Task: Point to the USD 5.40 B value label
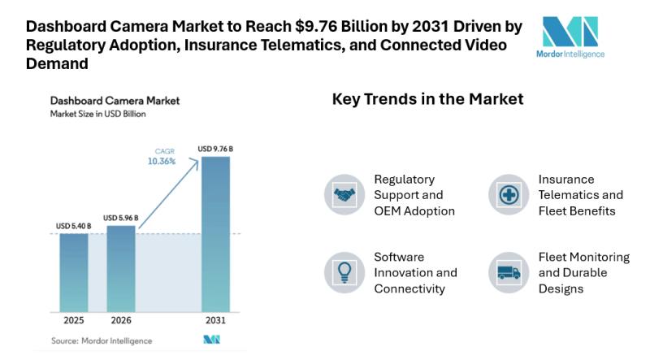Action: coord(74,225)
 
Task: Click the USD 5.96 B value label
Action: coord(120,218)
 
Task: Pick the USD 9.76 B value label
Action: coord(215,149)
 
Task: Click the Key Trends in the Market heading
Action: coord(427,99)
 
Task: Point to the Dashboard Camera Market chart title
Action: coord(115,101)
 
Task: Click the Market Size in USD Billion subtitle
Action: coord(100,115)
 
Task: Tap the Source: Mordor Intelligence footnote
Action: coord(101,340)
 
